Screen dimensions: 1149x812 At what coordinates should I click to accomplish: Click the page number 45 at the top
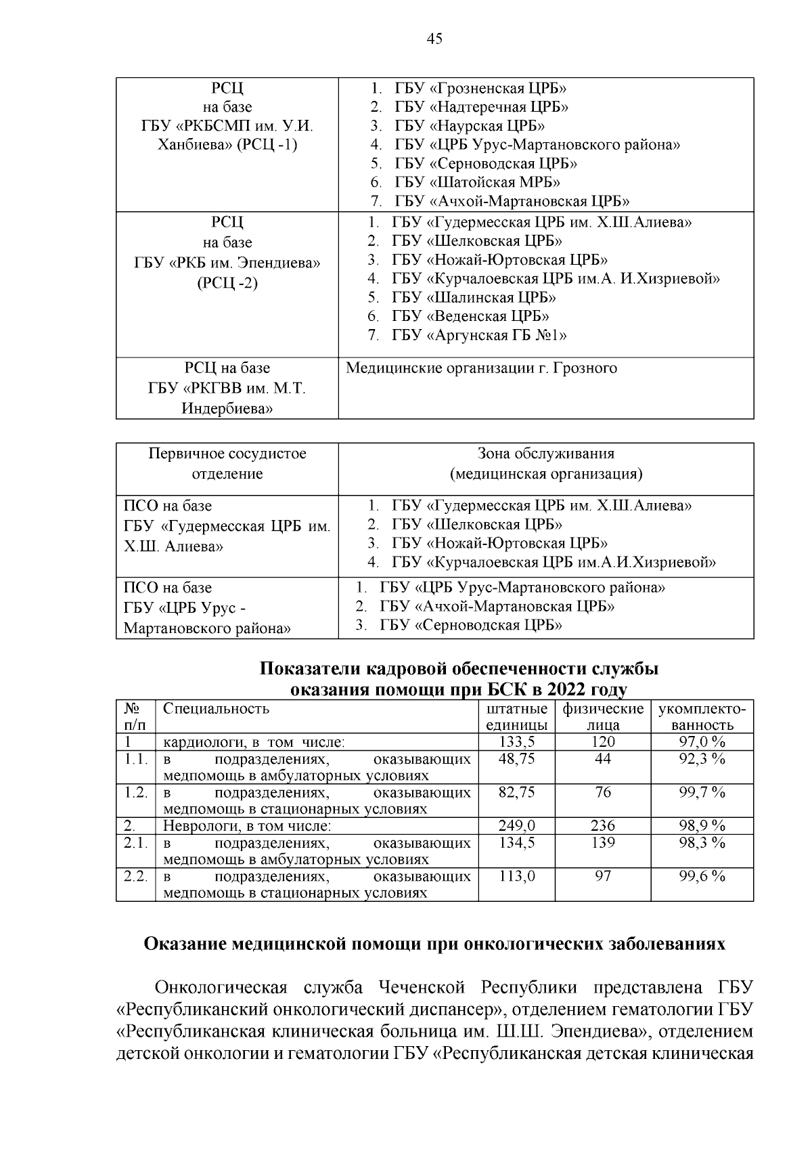tap(434, 39)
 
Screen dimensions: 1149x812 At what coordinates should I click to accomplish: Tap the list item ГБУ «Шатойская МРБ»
tap(477, 182)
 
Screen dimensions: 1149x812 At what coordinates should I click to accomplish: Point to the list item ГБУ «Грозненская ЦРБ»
tap(480, 89)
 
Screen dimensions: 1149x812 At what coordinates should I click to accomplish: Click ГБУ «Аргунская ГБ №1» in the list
tap(478, 335)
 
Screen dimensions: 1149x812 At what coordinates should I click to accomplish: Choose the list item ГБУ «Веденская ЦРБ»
tap(470, 316)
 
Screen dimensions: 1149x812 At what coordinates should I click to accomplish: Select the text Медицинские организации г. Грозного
tap(481, 368)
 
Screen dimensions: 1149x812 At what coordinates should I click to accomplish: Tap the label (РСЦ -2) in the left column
tap(227, 283)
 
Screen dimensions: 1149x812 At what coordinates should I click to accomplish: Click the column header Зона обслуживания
tap(546, 454)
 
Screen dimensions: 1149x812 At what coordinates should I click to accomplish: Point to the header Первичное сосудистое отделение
tap(227, 463)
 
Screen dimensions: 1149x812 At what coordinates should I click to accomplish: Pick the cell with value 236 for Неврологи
tap(603, 825)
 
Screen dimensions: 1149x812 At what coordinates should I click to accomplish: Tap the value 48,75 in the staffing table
tap(517, 759)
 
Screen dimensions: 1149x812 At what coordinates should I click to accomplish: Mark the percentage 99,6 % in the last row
tap(702, 876)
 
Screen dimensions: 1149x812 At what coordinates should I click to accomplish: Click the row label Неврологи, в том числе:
tap(247, 826)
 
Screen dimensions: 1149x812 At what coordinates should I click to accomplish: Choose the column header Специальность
tap(217, 709)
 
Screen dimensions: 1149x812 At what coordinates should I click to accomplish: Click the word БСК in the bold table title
tap(505, 690)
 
